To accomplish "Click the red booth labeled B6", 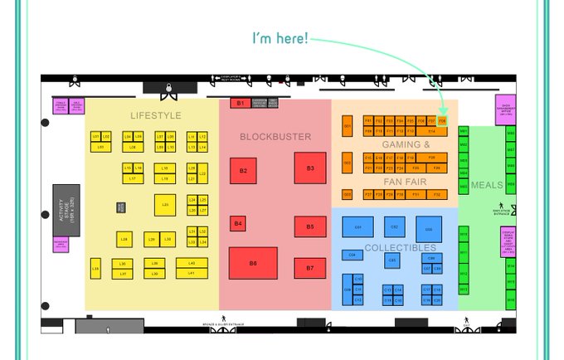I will (253, 263).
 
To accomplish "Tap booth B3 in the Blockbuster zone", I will (310, 168).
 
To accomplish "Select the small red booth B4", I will (238, 223).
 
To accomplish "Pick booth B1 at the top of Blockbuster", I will (240, 103).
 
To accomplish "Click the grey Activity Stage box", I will (66, 211).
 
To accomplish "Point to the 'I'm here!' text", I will (281, 38).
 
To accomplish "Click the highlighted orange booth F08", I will (442, 121).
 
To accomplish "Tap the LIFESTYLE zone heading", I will (155, 114).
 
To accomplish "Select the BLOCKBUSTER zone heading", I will (275, 137).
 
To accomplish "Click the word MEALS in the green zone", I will (487, 185).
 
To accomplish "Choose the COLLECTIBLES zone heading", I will (400, 248).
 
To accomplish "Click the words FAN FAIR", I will (406, 181).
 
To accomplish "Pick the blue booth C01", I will (358, 226).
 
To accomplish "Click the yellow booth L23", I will (166, 204).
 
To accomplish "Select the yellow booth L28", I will (124, 239).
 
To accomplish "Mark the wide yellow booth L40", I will (192, 263).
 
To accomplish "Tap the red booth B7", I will (310, 268).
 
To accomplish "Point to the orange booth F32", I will (438, 194).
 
